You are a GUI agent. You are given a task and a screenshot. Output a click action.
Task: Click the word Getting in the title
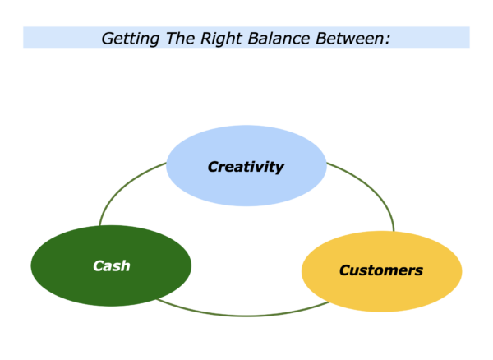click(x=130, y=39)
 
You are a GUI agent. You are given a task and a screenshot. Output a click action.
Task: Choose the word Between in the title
click(x=350, y=39)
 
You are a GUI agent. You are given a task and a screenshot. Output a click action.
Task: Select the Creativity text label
click(x=246, y=167)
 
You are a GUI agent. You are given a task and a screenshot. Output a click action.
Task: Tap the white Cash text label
click(x=112, y=266)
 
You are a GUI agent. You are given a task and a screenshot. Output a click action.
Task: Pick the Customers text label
click(x=381, y=270)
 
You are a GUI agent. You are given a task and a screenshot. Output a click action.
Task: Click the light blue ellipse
click(x=246, y=166)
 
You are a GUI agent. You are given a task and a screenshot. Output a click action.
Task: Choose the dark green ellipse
click(x=111, y=265)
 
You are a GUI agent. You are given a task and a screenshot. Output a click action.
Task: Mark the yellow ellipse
click(x=382, y=271)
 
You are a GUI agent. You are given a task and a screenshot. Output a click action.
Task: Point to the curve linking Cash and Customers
click(x=244, y=316)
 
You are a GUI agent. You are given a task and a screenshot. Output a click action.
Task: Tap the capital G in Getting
click(x=108, y=39)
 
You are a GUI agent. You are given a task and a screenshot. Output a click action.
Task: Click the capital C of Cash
click(x=99, y=266)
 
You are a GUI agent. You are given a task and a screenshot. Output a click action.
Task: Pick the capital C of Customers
click(x=346, y=270)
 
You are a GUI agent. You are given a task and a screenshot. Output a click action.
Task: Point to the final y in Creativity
click(x=279, y=168)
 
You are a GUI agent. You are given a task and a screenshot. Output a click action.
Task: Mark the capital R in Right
click(x=206, y=39)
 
